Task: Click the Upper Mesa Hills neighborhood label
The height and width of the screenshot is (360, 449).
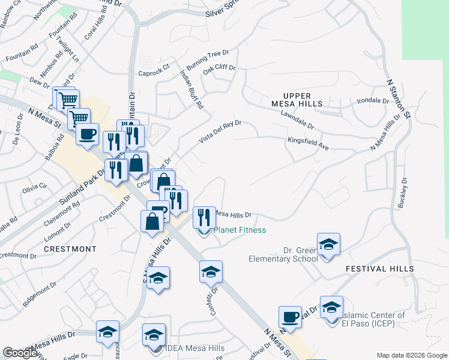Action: pos(297,100)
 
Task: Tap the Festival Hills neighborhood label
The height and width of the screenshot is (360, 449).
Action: pos(379,269)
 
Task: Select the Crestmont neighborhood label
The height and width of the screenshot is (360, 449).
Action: pos(70,248)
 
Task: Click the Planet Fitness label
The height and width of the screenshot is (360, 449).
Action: pos(240,230)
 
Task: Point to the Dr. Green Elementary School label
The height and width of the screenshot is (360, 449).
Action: pos(284,254)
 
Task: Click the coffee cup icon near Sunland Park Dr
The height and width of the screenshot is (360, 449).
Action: pos(87,134)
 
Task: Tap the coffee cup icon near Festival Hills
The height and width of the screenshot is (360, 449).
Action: pos(291,317)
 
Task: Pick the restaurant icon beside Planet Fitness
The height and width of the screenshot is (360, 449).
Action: pos(204,217)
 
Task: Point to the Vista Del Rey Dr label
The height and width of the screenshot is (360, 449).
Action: pos(220,131)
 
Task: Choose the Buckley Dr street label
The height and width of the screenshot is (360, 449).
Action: pos(402,192)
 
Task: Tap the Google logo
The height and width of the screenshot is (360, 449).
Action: pos(20,353)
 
